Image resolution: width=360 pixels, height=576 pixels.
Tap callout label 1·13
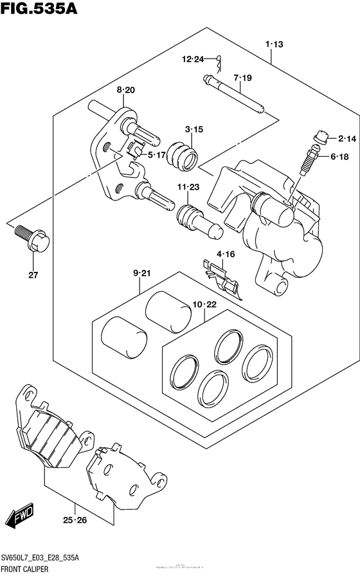tap(273, 44)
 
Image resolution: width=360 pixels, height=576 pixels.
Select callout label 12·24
tap(192, 60)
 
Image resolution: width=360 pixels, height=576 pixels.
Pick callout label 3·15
tap(194, 129)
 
